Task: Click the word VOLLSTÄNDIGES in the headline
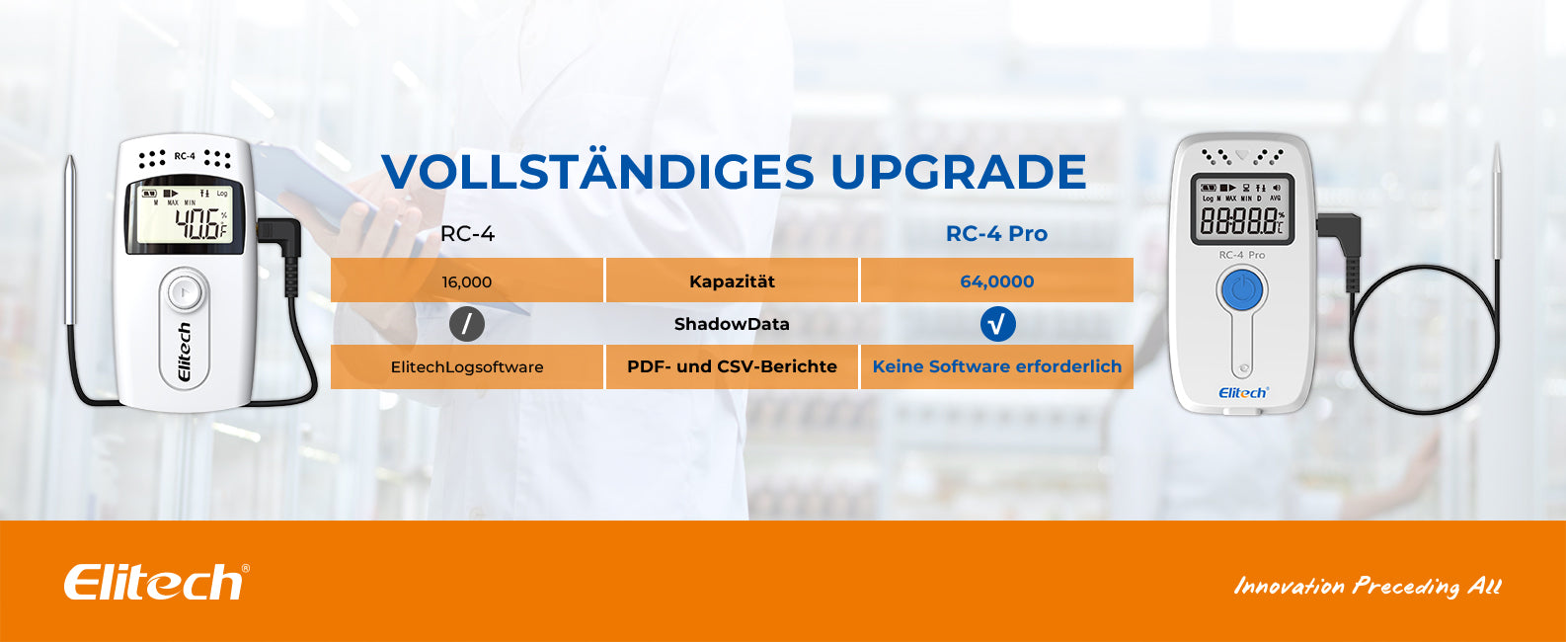point(598,170)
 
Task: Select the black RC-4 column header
point(468,233)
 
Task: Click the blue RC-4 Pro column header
point(996,233)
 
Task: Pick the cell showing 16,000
point(467,281)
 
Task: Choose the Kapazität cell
point(732,281)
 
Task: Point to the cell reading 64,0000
point(997,281)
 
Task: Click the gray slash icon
point(467,324)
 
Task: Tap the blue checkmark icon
point(997,324)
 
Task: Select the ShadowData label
point(732,324)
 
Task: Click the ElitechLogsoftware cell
point(467,366)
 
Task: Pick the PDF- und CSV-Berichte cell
point(732,366)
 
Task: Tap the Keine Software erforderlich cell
point(997,366)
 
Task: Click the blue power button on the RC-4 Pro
point(1241,289)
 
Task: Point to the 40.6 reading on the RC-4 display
point(197,224)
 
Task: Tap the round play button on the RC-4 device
point(184,290)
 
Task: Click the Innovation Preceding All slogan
point(1368,586)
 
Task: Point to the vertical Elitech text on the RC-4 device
point(184,352)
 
